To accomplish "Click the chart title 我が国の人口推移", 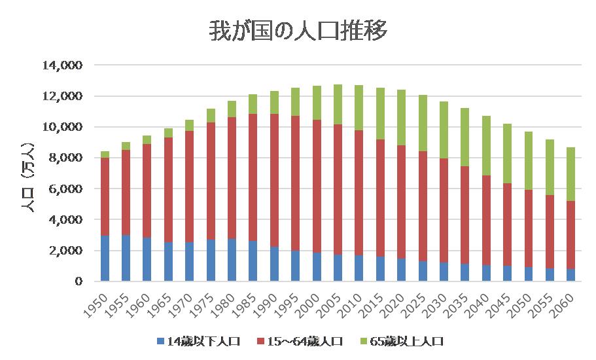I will click(x=298, y=31).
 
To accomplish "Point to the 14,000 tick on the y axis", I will click(x=63, y=65).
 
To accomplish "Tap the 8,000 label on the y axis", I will click(x=66, y=158).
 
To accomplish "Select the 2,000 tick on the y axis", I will click(x=66, y=251).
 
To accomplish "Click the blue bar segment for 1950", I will click(x=105, y=259).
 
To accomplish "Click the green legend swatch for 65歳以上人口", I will click(x=364, y=341).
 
